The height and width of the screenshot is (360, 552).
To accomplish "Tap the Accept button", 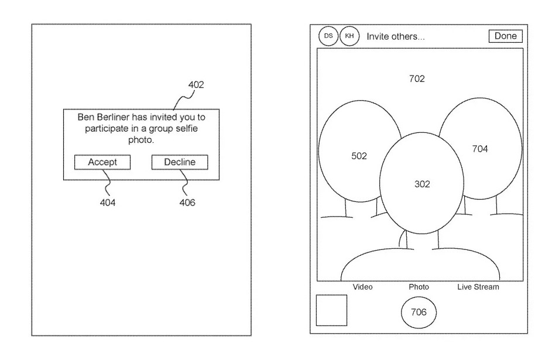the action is click(102, 162).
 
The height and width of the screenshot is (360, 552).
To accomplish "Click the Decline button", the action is click(180, 162).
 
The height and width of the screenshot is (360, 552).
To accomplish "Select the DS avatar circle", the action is click(328, 36).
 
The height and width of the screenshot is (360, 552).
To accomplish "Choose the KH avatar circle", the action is click(349, 36).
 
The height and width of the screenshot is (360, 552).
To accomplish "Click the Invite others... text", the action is click(396, 37).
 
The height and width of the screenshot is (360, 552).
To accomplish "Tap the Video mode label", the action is click(362, 287).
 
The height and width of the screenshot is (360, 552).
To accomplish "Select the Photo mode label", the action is click(419, 287).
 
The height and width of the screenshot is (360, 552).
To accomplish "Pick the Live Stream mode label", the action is click(478, 287).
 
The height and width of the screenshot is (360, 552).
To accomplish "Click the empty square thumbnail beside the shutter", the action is click(331, 310).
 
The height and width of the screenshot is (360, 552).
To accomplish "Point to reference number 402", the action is click(196, 85).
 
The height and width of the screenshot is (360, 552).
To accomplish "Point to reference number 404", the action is click(108, 203).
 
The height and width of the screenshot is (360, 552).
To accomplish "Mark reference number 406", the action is click(187, 203).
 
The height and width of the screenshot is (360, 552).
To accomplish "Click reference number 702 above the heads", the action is click(417, 79).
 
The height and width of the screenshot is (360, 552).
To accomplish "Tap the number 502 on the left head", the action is click(359, 156).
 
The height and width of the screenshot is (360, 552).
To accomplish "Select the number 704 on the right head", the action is click(480, 149).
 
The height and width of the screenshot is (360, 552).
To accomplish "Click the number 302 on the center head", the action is click(422, 184).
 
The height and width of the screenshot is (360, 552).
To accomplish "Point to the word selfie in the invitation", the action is click(186, 128).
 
